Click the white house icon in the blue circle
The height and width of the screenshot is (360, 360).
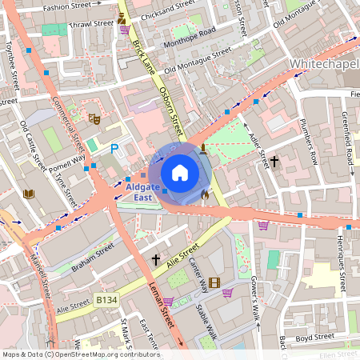179,172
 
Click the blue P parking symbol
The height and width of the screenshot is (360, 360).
114,148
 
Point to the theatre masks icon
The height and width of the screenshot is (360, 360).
94,118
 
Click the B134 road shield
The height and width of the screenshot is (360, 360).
106,299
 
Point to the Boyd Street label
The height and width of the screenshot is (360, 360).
314,338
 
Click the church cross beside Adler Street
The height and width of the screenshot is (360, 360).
274,161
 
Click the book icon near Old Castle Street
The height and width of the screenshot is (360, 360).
30,194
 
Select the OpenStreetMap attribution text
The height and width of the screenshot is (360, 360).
80,354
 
